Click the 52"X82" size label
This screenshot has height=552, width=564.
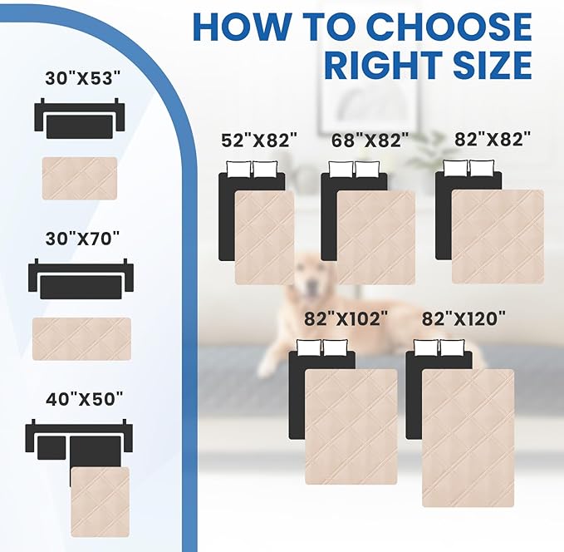(259, 140)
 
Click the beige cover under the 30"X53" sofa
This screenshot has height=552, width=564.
(80, 178)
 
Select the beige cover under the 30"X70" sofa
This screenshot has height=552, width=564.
(81, 338)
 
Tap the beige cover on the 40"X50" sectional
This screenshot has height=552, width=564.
(100, 501)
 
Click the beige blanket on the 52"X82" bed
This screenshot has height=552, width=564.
(265, 238)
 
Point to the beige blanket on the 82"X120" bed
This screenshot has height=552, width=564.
(468, 437)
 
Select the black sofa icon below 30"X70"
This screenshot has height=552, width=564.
(80, 281)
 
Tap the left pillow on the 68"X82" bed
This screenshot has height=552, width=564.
(341, 170)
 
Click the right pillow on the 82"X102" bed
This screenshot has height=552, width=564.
(335, 348)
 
